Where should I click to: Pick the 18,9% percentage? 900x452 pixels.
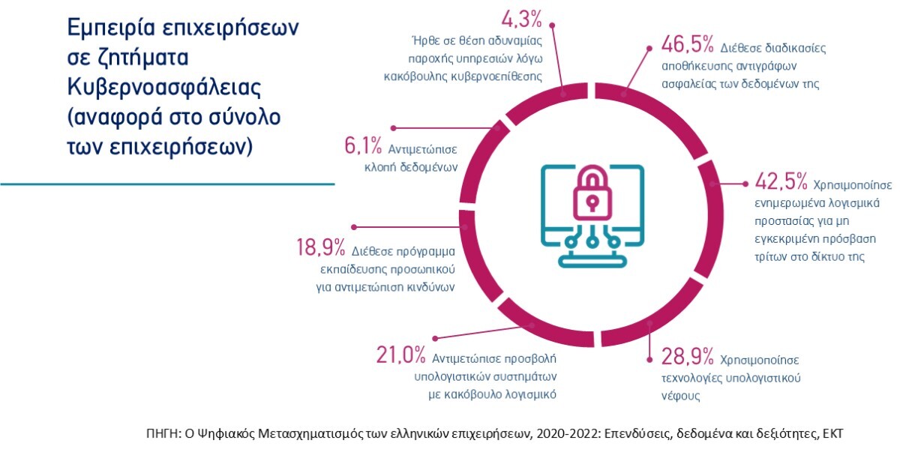tap(320, 248)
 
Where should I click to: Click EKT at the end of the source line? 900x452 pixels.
tap(841, 433)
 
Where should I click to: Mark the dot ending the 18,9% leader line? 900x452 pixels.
tap(354, 225)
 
